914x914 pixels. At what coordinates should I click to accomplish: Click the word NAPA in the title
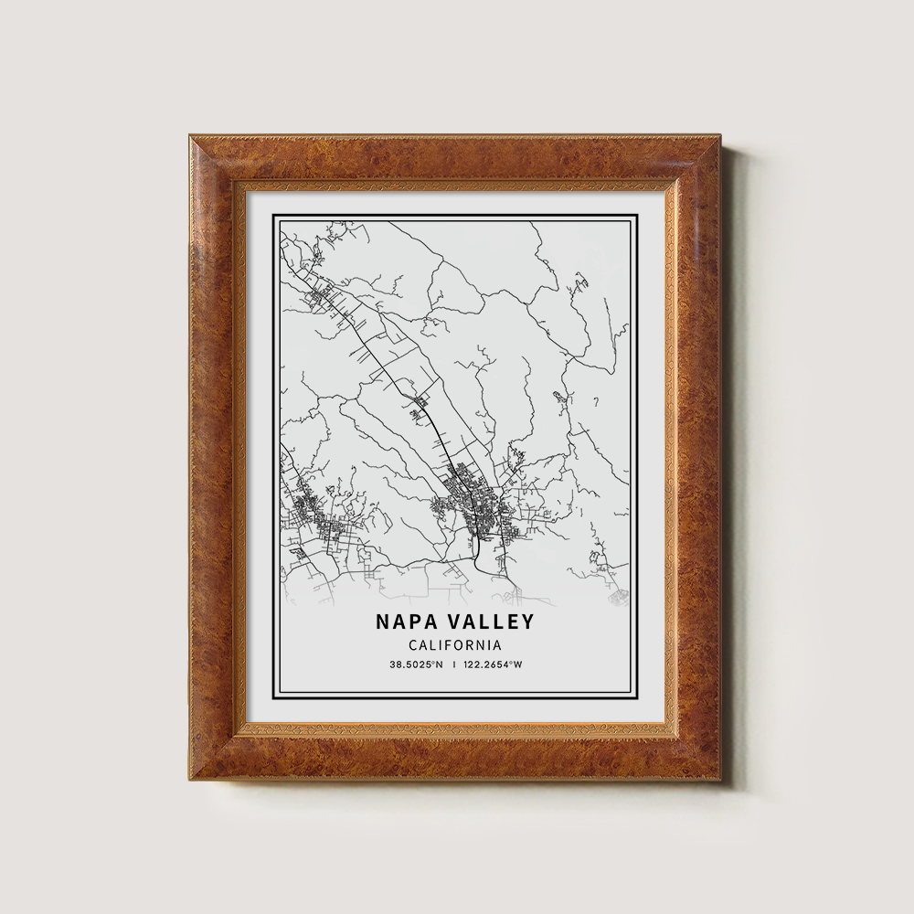[405, 622]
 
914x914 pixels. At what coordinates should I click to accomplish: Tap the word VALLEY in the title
[490, 622]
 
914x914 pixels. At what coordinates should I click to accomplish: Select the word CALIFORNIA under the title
[454, 645]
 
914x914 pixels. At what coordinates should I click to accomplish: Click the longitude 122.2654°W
[494, 664]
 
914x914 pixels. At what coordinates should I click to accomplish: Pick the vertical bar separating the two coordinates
[454, 664]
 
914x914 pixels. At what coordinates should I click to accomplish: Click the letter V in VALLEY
[454, 622]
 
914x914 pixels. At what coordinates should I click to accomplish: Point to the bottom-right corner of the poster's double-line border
[635, 696]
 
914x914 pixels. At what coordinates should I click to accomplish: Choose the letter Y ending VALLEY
[526, 622]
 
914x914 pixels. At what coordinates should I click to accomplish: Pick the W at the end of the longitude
[518, 664]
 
